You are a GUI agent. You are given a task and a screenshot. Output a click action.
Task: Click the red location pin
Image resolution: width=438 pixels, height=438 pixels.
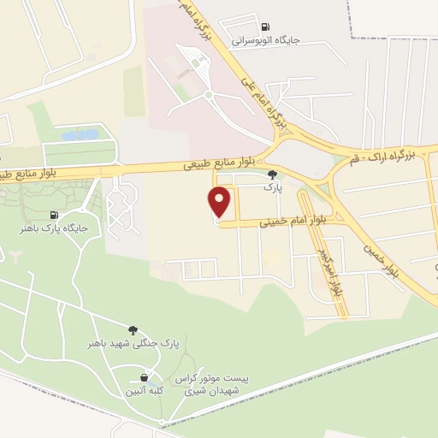pyautogui.click(x=220, y=201)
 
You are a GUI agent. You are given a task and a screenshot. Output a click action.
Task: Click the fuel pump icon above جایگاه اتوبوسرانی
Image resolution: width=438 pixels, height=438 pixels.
pyautogui.click(x=264, y=27)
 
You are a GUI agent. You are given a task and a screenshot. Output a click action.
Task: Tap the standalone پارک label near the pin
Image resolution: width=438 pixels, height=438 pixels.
pyautogui.click(x=271, y=185)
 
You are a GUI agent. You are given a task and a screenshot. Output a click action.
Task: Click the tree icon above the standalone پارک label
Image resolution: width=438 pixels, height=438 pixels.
pyautogui.click(x=272, y=174)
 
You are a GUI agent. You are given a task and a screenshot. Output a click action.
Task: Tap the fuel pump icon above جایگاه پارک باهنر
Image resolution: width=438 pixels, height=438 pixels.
pyautogui.click(x=55, y=215)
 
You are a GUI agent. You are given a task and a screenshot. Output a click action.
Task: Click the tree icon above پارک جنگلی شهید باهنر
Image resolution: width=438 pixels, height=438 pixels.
pyautogui.click(x=133, y=329)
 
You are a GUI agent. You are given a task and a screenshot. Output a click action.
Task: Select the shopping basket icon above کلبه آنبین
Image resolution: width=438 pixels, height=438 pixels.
pyautogui.click(x=145, y=376)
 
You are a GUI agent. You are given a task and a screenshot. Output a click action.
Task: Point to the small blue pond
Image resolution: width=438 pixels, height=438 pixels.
pyautogui.click(x=80, y=135)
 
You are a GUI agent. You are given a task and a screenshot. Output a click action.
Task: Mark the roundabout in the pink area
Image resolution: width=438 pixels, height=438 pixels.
pyautogui.click(x=208, y=94)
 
